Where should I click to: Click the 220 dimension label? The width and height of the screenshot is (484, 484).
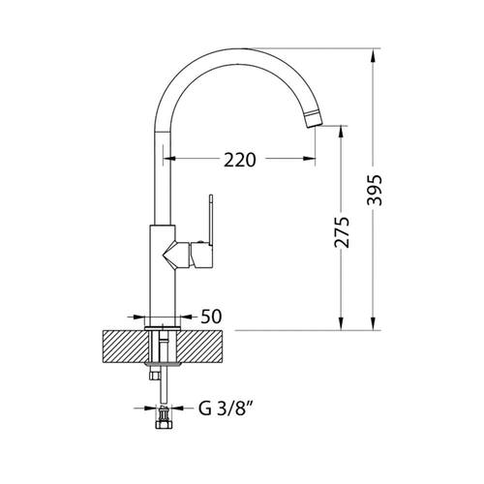(x=240, y=160)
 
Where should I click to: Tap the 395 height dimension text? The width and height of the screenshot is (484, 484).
(x=375, y=191)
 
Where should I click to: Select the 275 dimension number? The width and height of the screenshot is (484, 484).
(x=342, y=232)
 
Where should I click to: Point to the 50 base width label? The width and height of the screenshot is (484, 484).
(x=211, y=317)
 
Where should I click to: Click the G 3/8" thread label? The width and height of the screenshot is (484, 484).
(x=225, y=408)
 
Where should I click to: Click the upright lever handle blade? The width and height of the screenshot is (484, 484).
(x=211, y=220)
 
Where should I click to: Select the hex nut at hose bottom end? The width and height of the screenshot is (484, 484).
(x=165, y=424)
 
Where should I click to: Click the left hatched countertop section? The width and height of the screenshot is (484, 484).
(x=127, y=347)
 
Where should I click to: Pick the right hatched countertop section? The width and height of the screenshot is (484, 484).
(x=200, y=347)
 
